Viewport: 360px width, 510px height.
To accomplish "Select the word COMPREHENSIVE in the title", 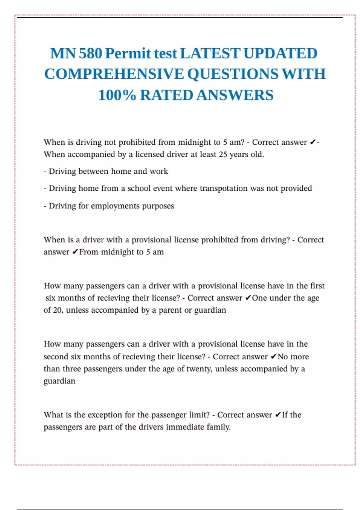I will pos(114,74).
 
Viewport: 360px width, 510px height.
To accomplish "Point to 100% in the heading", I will pos(117,95).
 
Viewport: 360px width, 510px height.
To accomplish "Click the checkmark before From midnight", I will pos(75,252).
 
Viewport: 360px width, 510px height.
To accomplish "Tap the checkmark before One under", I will pos(248,298).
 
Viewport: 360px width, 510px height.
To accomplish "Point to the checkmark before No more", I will pos(273,357).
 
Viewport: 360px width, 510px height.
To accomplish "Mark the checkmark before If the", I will pos(278,415).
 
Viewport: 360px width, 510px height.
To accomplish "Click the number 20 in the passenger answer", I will pos(57,310).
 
